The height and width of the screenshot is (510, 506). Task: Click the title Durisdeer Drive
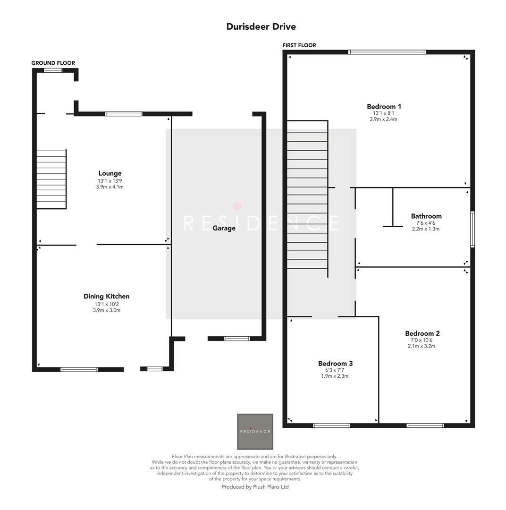[x=261, y=26]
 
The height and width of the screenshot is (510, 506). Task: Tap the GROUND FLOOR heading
[x=53, y=63]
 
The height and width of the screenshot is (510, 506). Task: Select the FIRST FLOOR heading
[x=299, y=45]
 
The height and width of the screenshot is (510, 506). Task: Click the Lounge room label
[x=110, y=173]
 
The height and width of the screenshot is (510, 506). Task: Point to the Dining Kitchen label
[x=106, y=297]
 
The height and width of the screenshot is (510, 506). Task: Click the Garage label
[x=224, y=228]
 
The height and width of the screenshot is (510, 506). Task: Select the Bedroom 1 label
[x=384, y=107]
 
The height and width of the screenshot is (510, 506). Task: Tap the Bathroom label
[x=426, y=216]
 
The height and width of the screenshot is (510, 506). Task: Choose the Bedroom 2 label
[x=422, y=333]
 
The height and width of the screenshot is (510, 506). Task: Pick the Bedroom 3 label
[x=335, y=364]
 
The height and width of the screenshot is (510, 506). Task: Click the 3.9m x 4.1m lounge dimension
[x=110, y=187]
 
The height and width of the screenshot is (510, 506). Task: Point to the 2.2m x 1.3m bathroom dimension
[x=426, y=229]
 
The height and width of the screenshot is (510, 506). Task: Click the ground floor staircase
[x=51, y=179]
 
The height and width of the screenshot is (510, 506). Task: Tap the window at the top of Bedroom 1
[x=387, y=52]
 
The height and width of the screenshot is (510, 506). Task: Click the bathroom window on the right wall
[x=472, y=229]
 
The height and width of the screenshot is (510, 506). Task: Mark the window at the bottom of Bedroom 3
[x=331, y=425]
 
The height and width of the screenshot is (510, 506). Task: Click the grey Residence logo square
[x=255, y=431]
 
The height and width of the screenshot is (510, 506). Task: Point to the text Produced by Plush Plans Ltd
[x=255, y=487]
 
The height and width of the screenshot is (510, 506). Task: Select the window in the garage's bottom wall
[x=236, y=339]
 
